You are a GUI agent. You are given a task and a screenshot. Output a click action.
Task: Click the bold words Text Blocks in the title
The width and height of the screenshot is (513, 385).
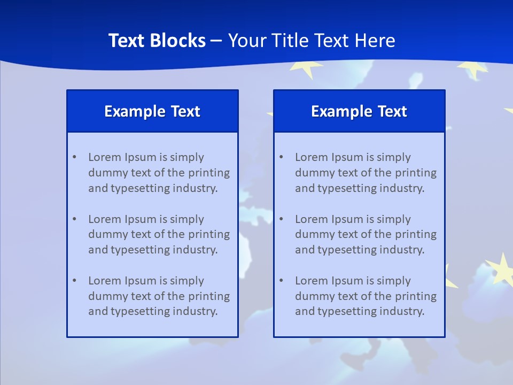[157, 41]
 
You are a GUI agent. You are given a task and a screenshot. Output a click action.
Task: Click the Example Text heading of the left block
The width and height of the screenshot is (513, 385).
[152, 111]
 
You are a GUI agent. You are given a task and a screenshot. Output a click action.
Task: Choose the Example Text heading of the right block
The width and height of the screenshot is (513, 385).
[359, 111]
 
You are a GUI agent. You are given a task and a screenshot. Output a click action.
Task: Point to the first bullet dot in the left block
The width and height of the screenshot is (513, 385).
[74, 157]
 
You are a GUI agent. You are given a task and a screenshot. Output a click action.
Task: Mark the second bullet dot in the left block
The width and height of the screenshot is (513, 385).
[74, 219]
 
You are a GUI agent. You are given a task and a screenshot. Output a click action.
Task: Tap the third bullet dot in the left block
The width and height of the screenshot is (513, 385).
[74, 281]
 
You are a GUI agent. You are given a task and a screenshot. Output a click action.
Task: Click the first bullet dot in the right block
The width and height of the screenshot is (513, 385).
[281, 157]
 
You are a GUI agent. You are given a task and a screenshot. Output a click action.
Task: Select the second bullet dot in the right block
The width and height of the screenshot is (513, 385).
[281, 219]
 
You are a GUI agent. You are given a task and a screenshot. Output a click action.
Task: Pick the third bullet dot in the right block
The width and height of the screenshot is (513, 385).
[281, 281]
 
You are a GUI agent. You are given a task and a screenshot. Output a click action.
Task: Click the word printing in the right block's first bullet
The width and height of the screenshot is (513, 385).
[416, 173]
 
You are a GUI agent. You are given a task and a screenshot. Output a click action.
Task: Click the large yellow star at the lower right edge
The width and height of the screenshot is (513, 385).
[501, 269]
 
